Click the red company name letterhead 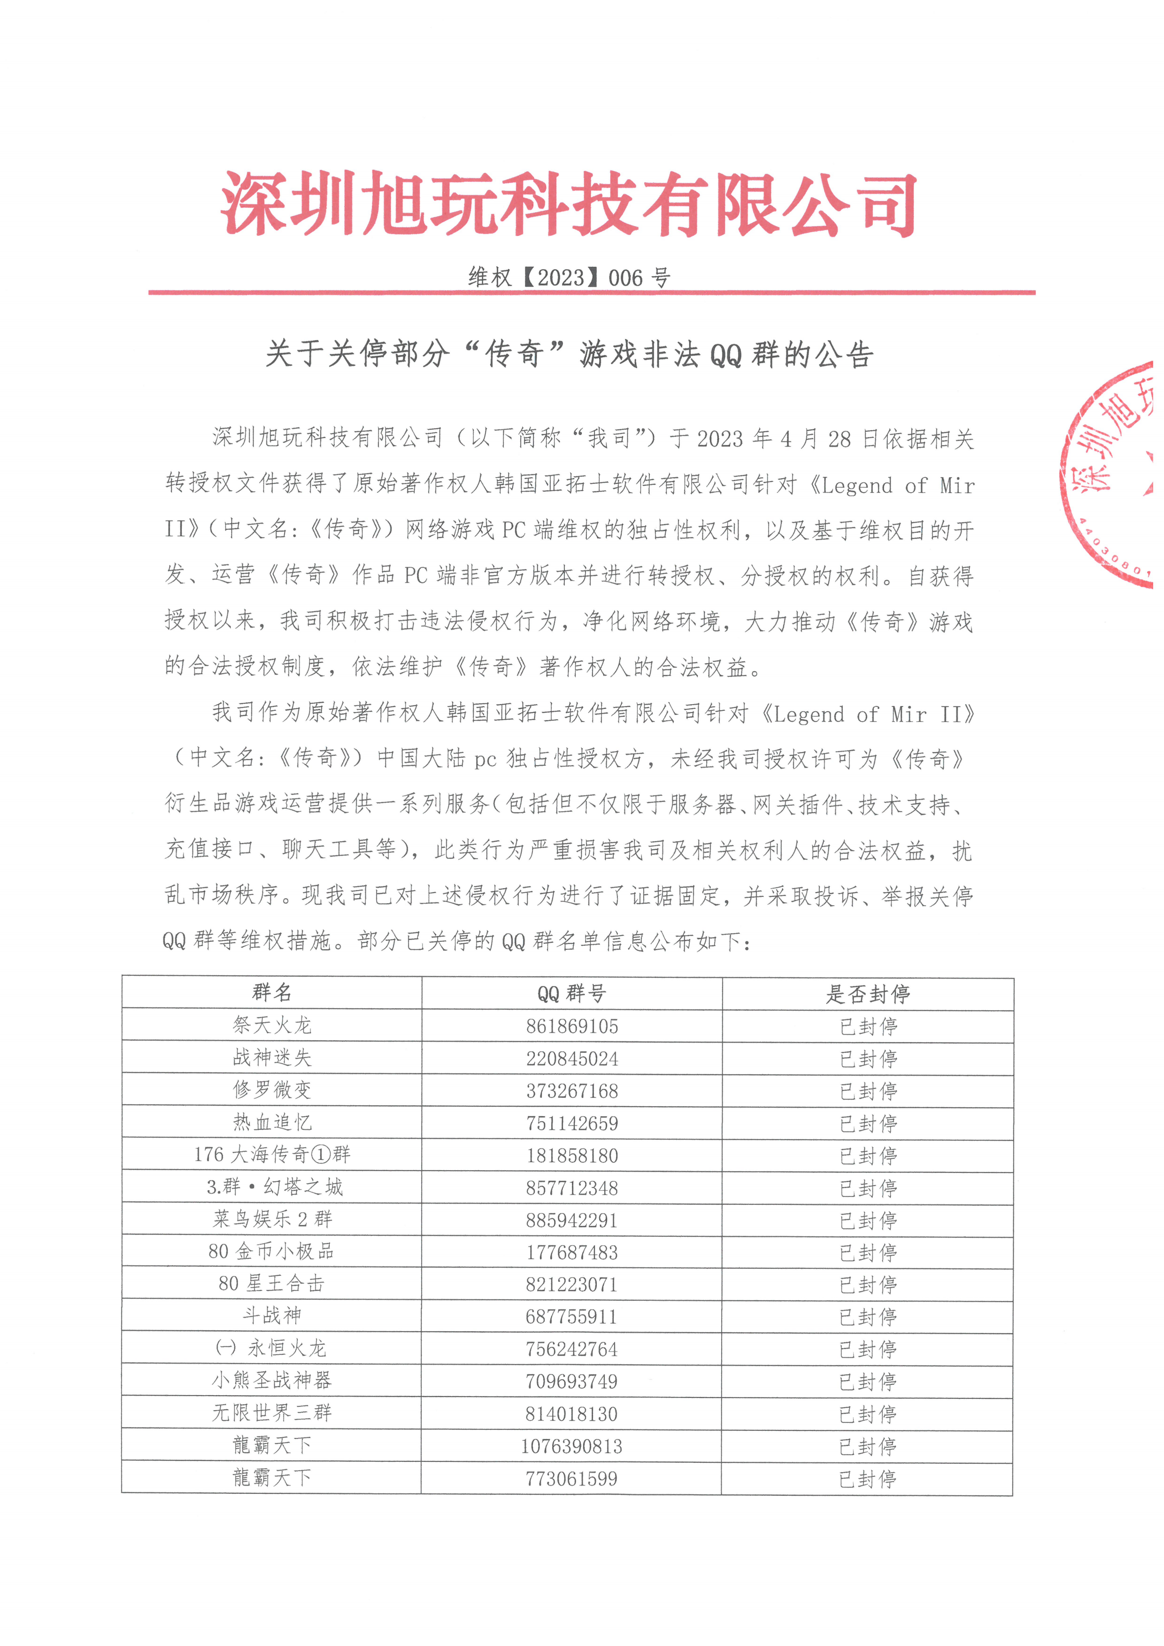tap(568, 204)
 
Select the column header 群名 tap(272, 993)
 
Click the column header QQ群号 tap(571, 994)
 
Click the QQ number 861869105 tap(571, 1026)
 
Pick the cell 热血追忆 tap(272, 1123)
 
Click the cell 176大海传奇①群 tap(272, 1154)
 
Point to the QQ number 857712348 tap(571, 1188)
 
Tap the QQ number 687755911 tap(571, 1317)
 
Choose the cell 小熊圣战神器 tap(272, 1380)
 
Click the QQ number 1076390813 tap(571, 1446)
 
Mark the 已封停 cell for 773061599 tap(867, 1478)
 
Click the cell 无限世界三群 tap(272, 1413)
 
